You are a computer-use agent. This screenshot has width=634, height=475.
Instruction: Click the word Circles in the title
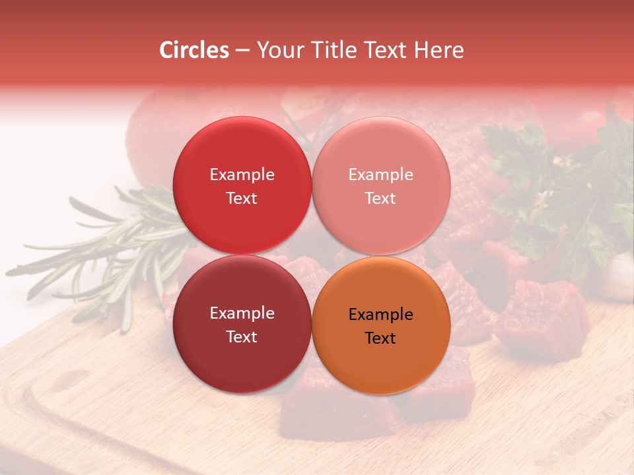(194, 50)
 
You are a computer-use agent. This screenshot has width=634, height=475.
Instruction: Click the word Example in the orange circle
(381, 314)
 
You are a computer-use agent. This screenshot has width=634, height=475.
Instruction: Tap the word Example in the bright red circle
(242, 174)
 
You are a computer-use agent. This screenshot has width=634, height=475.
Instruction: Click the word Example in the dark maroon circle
(242, 313)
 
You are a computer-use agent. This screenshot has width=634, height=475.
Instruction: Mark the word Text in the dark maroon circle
(242, 336)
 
